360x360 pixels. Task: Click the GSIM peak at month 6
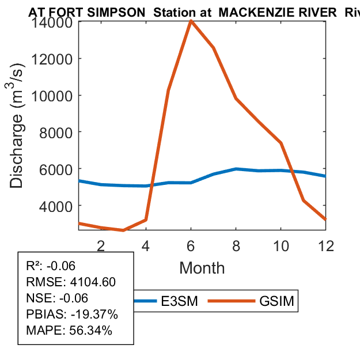click(191, 22)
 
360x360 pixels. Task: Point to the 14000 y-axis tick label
click(51, 22)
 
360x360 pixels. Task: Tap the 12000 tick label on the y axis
click(51, 59)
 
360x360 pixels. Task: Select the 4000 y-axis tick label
click(55, 206)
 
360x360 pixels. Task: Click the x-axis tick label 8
click(236, 245)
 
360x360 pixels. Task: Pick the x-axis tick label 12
click(325, 245)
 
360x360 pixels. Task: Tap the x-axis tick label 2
click(101, 245)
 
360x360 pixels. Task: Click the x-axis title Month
click(202, 267)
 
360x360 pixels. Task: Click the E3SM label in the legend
click(179, 301)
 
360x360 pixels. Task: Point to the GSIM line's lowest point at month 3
click(123, 230)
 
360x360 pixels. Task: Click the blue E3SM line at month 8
click(236, 169)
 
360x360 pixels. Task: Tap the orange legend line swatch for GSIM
click(230, 301)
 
